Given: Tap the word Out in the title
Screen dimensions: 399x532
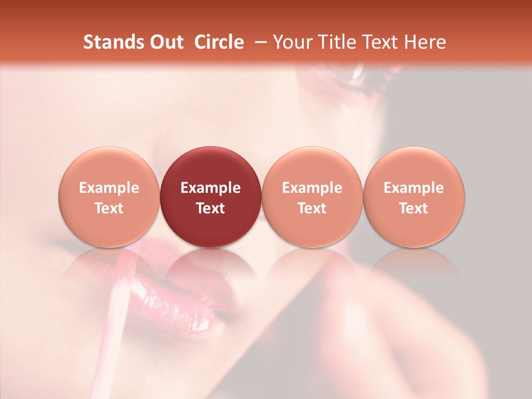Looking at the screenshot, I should [165, 42].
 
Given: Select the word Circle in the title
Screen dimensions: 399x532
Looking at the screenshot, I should [219, 42].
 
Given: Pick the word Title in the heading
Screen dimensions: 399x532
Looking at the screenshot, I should [339, 42].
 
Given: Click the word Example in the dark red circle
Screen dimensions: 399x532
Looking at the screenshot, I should [211, 188].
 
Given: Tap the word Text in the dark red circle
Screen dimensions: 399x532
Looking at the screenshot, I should [211, 208].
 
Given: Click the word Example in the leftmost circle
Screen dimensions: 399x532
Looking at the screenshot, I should [109, 188].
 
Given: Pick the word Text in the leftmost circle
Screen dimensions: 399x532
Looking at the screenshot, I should [109, 208].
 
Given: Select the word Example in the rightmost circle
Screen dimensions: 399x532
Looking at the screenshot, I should [414, 188].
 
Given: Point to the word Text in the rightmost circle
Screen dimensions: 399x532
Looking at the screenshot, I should [414, 208].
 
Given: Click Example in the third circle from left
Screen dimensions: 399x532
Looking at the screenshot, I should [312, 188].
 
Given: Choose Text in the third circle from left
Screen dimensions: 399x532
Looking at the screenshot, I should [312, 208].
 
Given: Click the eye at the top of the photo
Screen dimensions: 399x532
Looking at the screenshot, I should [355, 75].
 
